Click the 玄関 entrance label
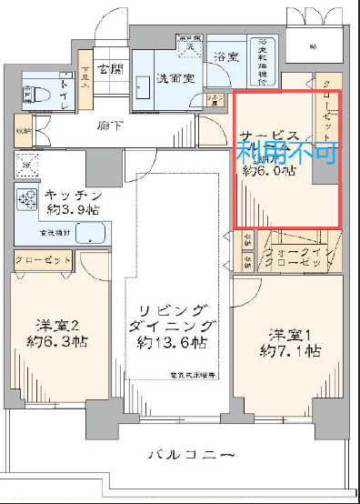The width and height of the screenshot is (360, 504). [111, 68]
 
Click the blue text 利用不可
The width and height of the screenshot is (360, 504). [286, 151]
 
